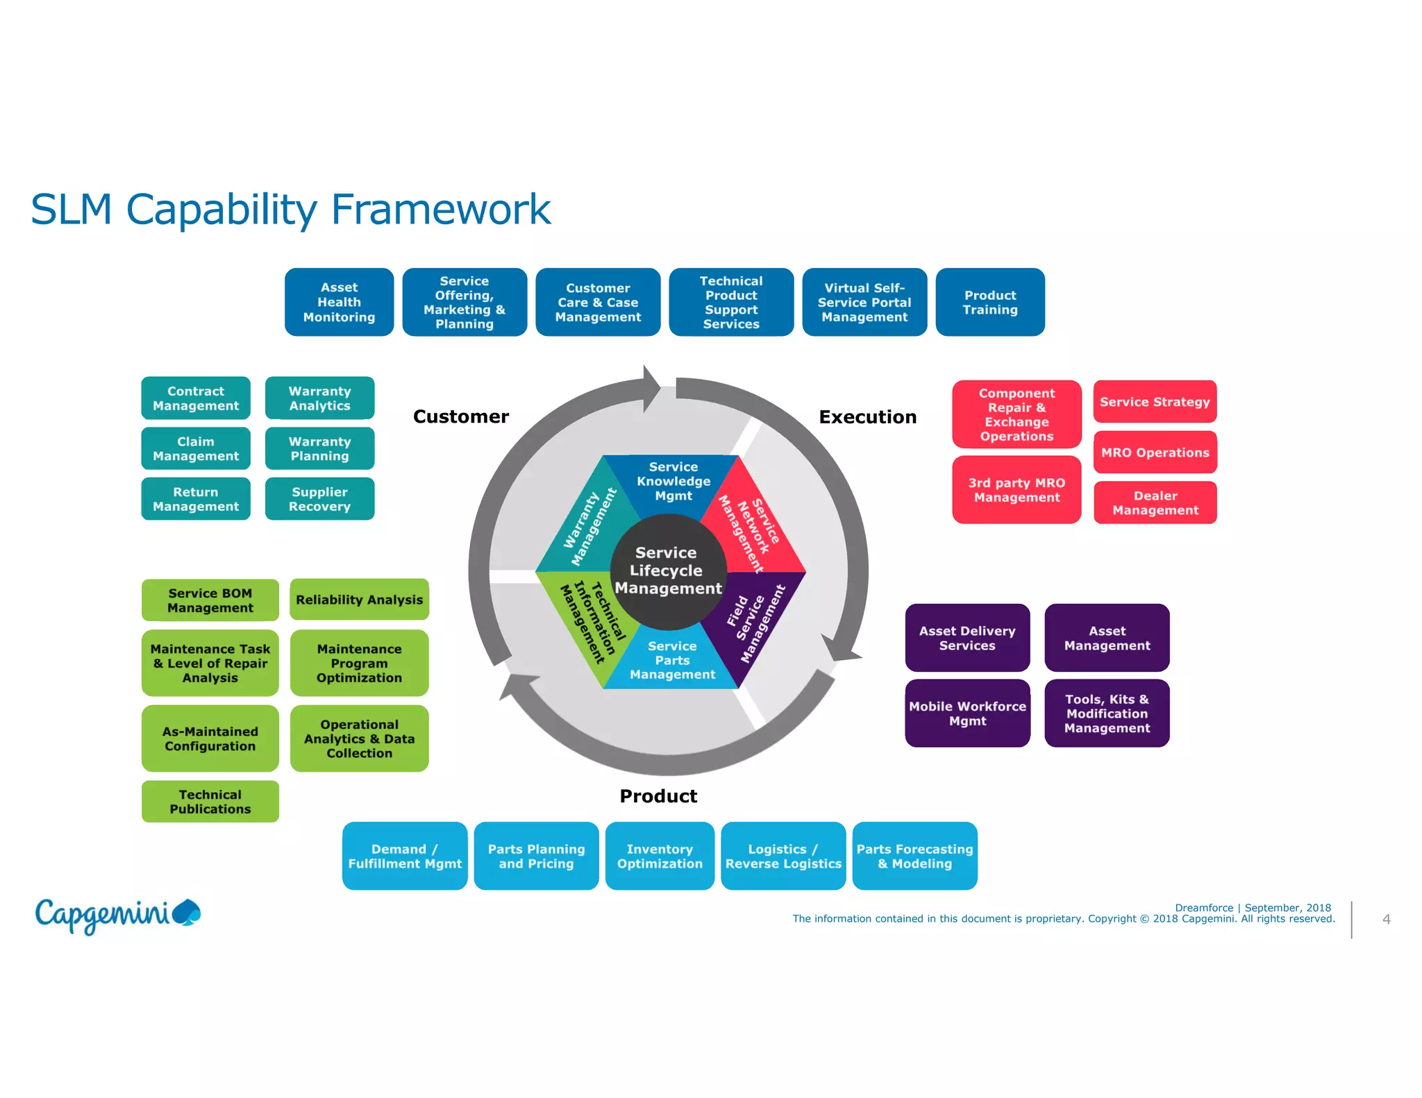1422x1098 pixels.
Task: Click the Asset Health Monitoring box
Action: (339, 302)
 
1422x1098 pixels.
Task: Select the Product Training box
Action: (989, 302)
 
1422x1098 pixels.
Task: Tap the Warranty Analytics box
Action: (319, 398)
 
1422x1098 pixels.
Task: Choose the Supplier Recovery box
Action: (319, 499)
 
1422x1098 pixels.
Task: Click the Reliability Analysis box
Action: (359, 600)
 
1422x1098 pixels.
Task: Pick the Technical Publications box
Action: (210, 802)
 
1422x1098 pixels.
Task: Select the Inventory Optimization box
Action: (660, 856)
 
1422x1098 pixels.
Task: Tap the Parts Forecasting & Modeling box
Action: (914, 856)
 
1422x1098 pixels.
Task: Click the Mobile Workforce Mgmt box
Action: (967, 713)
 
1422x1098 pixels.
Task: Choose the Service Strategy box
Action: (1155, 402)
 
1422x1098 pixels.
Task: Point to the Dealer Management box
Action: (1155, 502)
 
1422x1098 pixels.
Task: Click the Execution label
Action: (867, 416)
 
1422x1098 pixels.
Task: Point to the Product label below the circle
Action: (658, 796)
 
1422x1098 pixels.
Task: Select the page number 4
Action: (1386, 919)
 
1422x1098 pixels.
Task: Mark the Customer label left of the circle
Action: (461, 416)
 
